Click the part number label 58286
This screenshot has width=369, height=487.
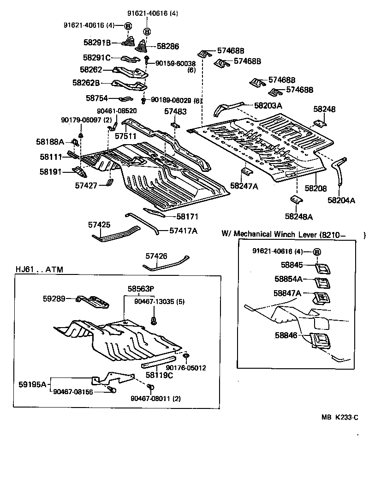point(168,46)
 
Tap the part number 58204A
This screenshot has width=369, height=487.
point(341,200)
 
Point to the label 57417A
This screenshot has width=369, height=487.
point(183,230)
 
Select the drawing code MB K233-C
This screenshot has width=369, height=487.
point(339,417)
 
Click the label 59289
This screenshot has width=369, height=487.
point(54,299)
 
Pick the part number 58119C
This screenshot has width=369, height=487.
point(159,375)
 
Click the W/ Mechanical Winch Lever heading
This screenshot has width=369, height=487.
point(283,234)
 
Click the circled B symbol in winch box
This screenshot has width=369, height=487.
point(317,251)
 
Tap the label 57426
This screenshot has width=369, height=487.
point(156,256)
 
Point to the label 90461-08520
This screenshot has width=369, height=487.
point(116,111)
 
